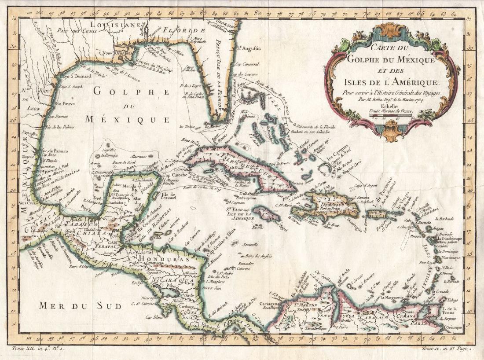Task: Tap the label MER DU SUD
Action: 80,305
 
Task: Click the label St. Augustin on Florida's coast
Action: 248,48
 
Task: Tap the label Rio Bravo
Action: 66,104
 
